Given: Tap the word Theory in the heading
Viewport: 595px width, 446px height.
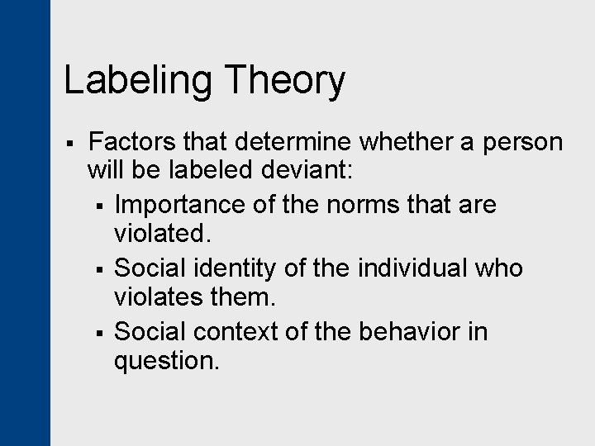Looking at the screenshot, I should (x=284, y=82).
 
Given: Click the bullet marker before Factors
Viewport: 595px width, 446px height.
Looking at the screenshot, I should (x=72, y=144).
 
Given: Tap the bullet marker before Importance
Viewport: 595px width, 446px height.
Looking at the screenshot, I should (x=98, y=206).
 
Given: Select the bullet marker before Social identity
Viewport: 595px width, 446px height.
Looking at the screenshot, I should (x=98, y=269).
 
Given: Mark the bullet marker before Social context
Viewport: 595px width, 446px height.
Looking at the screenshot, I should (x=98, y=333).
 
